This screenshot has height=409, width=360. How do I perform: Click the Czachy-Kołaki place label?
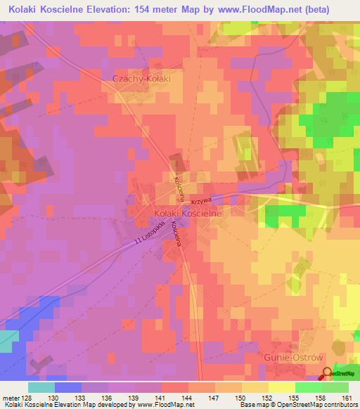[142, 79]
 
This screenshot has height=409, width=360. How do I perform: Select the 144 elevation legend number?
[187, 397]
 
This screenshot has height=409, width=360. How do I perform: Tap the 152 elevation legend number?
[268, 397]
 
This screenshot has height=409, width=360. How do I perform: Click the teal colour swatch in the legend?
[41, 387]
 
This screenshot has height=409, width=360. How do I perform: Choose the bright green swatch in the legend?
[309, 387]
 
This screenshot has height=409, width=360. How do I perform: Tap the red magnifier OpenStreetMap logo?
[326, 375]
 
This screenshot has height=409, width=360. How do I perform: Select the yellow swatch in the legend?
[282, 387]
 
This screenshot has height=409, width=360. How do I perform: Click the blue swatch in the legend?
[68, 387]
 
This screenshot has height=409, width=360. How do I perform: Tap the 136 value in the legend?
[107, 397]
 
